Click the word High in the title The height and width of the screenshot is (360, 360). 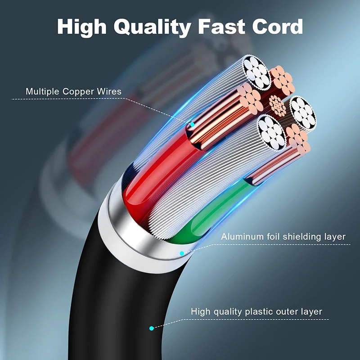[x=81, y=27]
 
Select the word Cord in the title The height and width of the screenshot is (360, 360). [x=276, y=27]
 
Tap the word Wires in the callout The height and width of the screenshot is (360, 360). [x=109, y=92]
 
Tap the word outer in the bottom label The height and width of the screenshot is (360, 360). [x=289, y=311]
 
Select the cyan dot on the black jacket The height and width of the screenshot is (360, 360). [x=152, y=328]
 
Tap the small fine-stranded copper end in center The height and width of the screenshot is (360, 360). [x=277, y=106]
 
